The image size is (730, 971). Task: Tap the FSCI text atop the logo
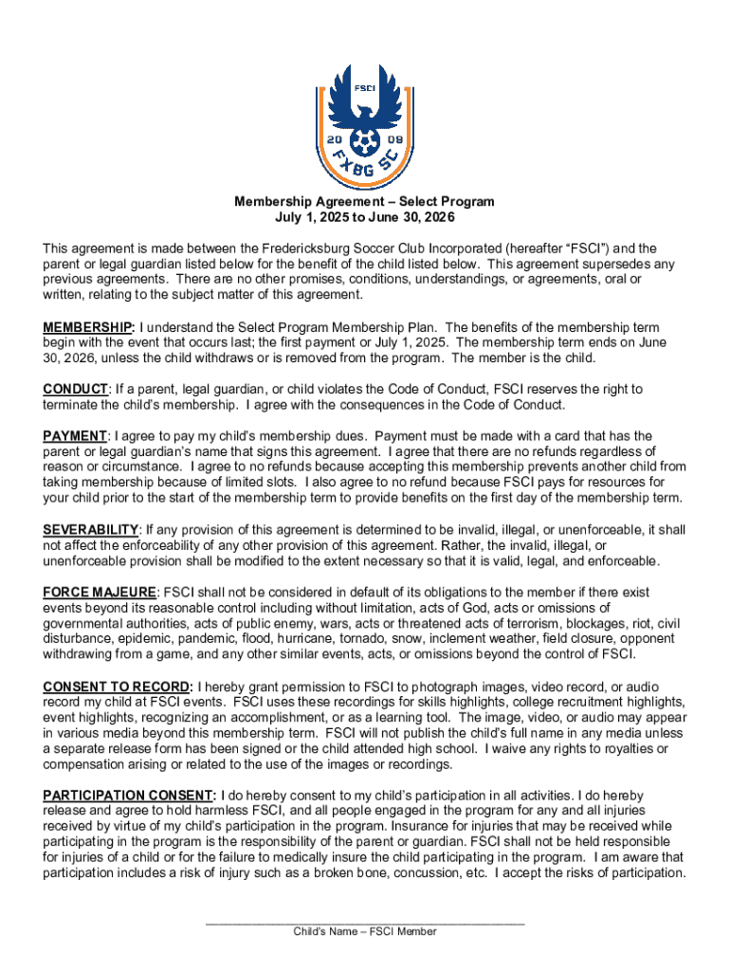(365, 88)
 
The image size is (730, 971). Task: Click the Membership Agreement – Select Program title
(365, 202)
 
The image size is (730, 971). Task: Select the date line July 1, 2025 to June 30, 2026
(365, 217)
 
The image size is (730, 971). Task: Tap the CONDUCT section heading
(76, 389)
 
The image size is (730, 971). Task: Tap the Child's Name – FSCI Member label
(365, 932)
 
